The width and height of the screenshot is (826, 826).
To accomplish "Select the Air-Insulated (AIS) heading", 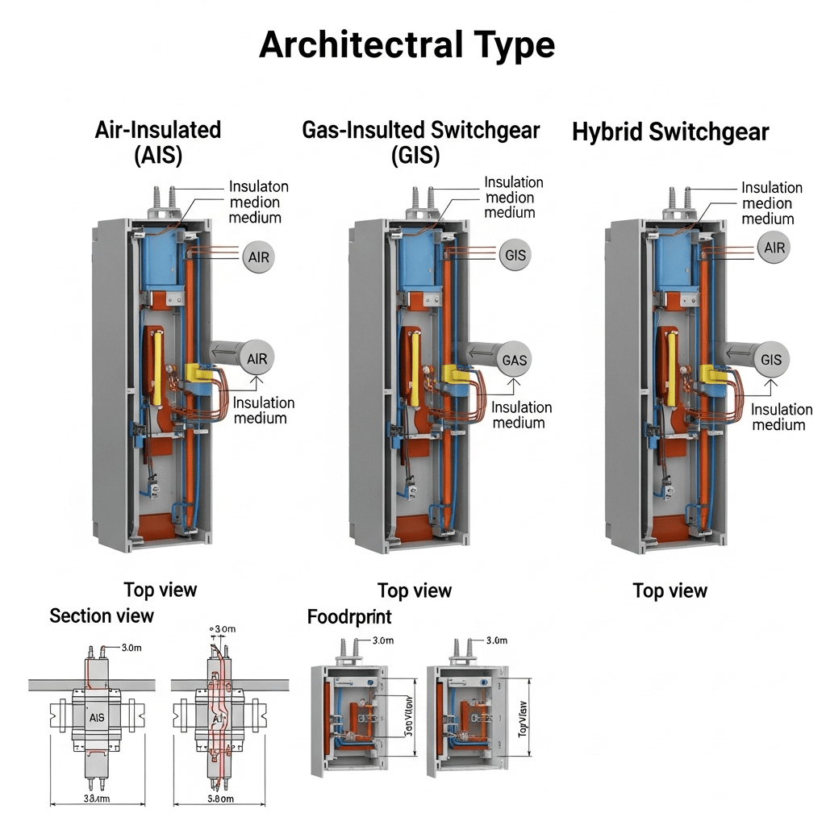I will [x=158, y=141].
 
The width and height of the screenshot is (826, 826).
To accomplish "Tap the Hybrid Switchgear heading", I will [x=670, y=132].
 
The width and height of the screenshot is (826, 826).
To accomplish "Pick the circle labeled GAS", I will [x=514, y=360].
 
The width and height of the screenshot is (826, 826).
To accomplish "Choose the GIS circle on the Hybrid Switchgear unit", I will [x=771, y=360].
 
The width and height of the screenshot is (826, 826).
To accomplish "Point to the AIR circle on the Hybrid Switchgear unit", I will [x=774, y=248].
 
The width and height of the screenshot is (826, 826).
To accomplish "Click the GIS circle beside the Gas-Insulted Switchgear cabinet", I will [x=515, y=256].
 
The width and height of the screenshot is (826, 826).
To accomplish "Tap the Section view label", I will [x=102, y=616].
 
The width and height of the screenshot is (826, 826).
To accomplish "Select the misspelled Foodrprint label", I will [x=349, y=617].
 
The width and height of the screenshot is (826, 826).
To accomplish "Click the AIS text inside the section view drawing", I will [x=96, y=717].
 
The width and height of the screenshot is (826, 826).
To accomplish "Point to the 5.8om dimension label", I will [x=216, y=799].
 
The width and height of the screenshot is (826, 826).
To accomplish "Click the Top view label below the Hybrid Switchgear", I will [x=670, y=591].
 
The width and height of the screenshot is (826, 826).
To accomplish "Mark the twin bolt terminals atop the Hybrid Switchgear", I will [x=678, y=199].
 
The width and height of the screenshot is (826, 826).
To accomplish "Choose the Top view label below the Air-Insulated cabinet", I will [x=160, y=590].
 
